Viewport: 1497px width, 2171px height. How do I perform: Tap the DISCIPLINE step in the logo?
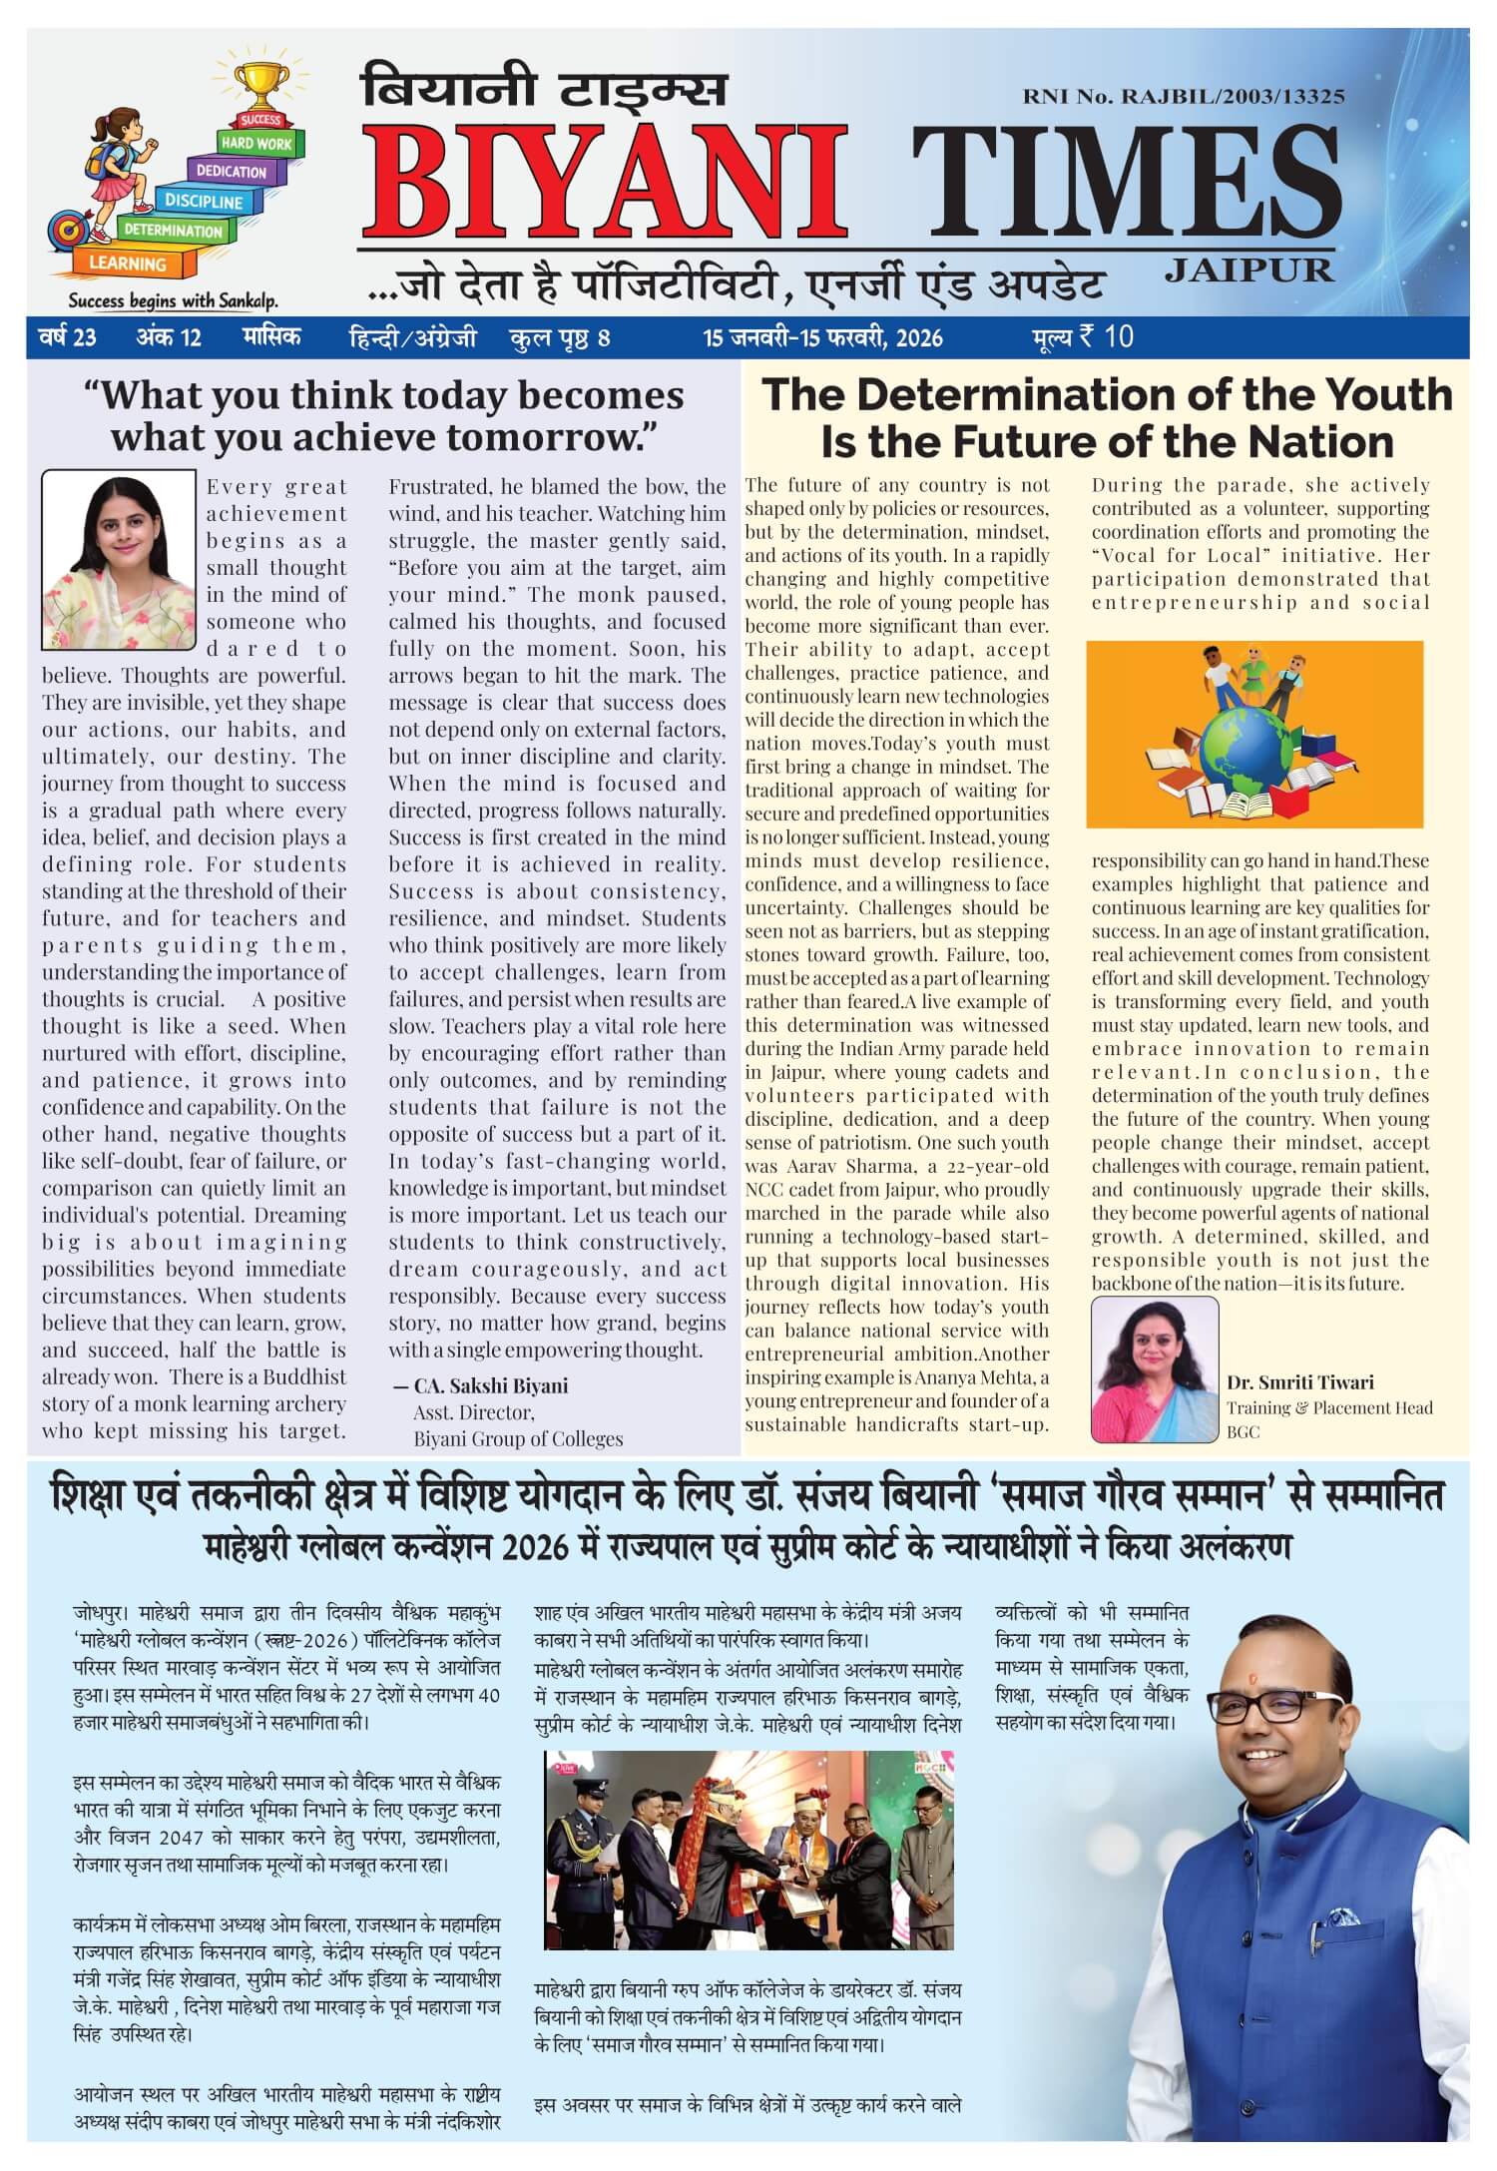[x=204, y=202]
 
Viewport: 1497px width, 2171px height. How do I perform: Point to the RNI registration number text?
[x=1183, y=97]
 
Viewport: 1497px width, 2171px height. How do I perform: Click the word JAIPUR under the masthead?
[x=1248, y=270]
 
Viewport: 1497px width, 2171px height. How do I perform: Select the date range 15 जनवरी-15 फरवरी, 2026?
[x=823, y=338]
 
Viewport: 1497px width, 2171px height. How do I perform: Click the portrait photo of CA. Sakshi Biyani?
[x=119, y=560]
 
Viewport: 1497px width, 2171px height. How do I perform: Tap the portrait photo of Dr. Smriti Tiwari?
[x=1155, y=1369]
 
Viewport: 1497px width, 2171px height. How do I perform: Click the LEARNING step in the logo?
[x=128, y=264]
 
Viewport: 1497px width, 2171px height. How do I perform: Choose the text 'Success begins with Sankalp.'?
[x=172, y=301]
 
